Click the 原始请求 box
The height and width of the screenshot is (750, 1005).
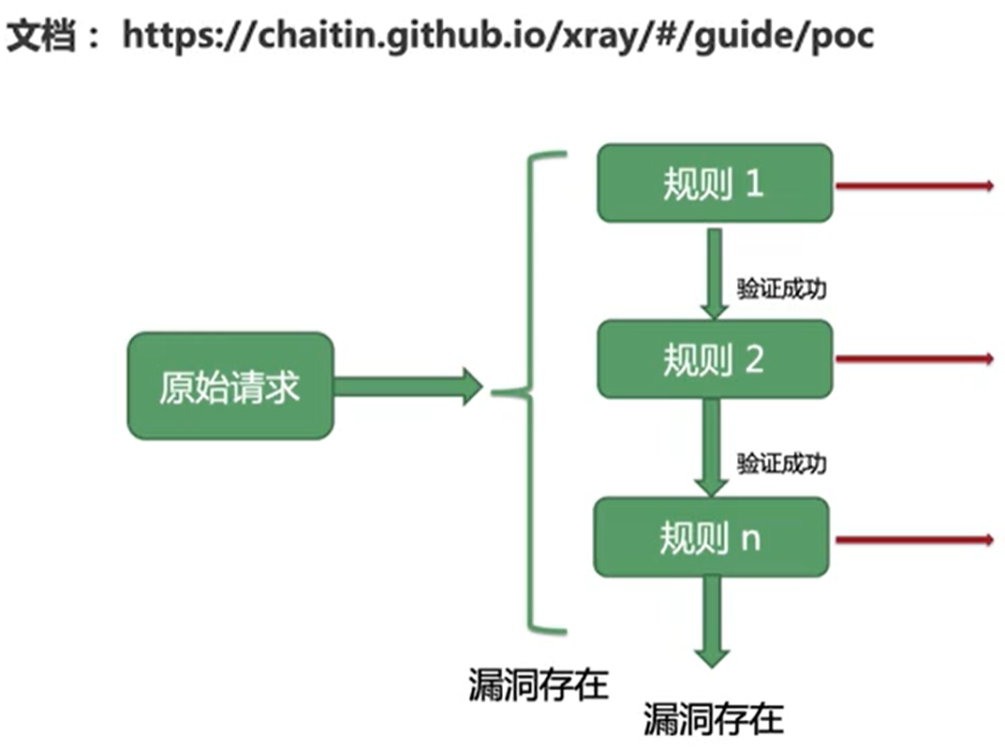(x=229, y=386)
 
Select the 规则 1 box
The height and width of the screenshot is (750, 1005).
(x=714, y=184)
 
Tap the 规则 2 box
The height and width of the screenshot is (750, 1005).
(x=714, y=360)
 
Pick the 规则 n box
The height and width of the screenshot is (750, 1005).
(x=711, y=537)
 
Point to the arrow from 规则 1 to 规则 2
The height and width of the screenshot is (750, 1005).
(x=714, y=272)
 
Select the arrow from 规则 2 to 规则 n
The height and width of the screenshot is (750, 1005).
(x=713, y=448)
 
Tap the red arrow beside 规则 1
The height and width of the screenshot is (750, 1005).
(x=913, y=185)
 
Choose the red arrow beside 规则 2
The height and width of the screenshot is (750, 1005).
(x=913, y=359)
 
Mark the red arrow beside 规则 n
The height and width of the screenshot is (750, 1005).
(x=913, y=539)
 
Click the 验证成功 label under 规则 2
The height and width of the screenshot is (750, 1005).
(x=781, y=463)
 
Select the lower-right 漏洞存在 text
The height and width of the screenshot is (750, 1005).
(x=713, y=719)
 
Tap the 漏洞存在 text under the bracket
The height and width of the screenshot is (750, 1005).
(x=538, y=684)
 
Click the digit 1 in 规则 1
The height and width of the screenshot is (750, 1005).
(x=754, y=184)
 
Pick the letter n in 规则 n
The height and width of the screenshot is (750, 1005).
(x=751, y=539)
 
